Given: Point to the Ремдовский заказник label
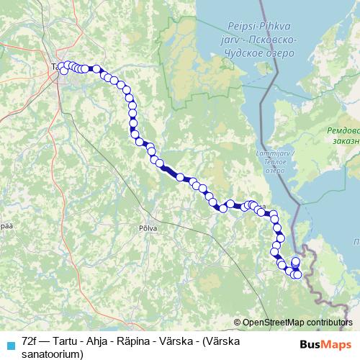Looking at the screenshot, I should pyautogui.click(x=342, y=136).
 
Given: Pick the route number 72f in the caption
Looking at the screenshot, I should pyautogui.click(x=30, y=341).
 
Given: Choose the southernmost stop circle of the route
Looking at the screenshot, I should pyautogui.click(x=297, y=274).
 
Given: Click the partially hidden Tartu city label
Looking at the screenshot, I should pyautogui.click(x=55, y=68).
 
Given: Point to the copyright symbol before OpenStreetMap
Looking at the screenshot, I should pyautogui.click(x=238, y=323).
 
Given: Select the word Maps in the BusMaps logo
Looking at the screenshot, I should pyautogui.click(x=338, y=345).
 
